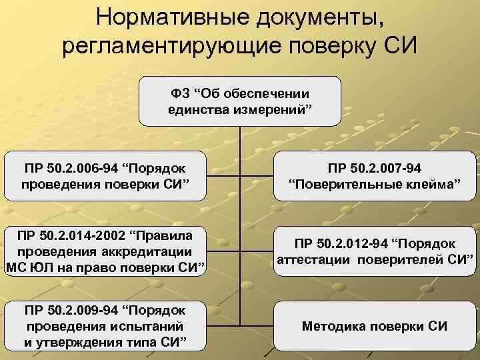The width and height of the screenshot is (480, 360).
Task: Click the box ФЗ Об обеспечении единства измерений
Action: click(239, 101)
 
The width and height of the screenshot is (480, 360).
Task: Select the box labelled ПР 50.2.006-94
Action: click(104, 175)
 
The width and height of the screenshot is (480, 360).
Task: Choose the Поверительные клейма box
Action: click(375, 175)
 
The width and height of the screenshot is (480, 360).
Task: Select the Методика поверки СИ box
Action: click(375, 327)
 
